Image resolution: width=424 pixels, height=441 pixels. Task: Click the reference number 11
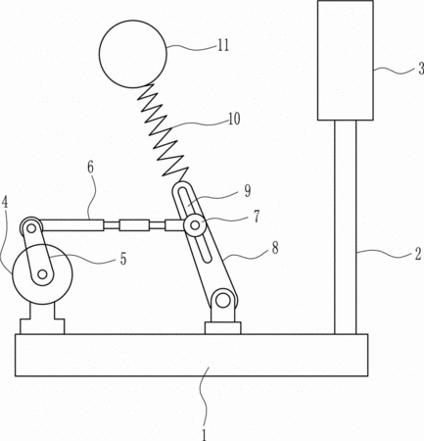(x=223, y=45)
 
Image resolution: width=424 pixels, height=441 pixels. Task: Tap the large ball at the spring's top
(x=133, y=54)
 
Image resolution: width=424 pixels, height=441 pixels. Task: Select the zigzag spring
(x=163, y=133)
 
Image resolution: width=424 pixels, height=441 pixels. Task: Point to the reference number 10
(x=234, y=119)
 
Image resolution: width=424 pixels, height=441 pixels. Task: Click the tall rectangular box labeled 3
(x=346, y=60)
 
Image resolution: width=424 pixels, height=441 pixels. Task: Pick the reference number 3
(x=421, y=69)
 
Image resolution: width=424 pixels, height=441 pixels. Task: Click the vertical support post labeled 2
(x=346, y=227)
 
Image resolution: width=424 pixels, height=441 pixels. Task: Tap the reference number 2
(x=418, y=254)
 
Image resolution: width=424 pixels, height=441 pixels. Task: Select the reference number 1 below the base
(x=205, y=435)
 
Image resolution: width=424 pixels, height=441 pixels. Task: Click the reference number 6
(x=90, y=168)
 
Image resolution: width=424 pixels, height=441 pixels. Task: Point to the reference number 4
(x=5, y=202)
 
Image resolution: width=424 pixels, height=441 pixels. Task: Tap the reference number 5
(x=122, y=259)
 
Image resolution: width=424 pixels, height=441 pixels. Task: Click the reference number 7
(x=257, y=217)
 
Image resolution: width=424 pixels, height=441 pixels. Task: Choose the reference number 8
(x=275, y=248)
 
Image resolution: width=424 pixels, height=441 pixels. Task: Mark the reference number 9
(x=248, y=191)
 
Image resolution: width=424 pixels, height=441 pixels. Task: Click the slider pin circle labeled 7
(x=195, y=224)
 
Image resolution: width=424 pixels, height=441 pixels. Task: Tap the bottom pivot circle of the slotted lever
(x=223, y=300)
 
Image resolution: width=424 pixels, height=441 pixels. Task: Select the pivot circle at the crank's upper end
(x=31, y=228)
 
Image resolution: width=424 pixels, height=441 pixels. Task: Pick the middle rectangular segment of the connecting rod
(x=134, y=225)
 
